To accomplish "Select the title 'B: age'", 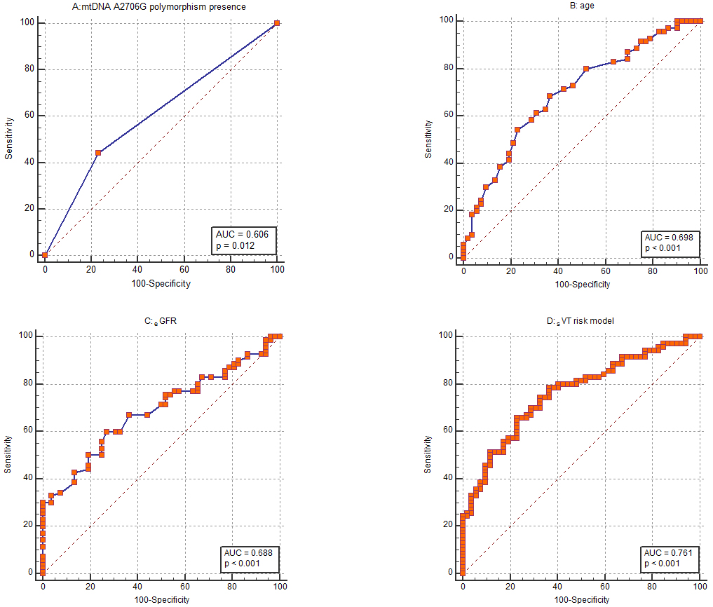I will [x=582, y=6].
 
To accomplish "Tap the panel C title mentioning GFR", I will [x=161, y=322].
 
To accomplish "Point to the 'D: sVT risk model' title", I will [x=582, y=322].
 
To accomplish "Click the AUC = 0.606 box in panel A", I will [x=245, y=240].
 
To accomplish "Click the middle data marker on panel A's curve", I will [x=98, y=152].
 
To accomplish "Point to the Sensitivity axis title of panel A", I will [x=8, y=139].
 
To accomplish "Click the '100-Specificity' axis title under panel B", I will [x=582, y=285].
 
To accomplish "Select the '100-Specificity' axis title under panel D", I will [x=582, y=600].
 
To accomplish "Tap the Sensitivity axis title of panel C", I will [x=8, y=454].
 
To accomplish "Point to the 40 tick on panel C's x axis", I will [x=137, y=586].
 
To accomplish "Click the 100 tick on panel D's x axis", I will [x=699, y=586].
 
